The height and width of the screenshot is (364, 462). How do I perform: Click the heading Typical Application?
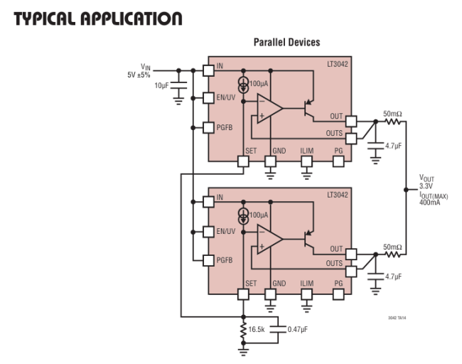(x=98, y=17)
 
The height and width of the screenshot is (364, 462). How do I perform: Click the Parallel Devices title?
(x=286, y=43)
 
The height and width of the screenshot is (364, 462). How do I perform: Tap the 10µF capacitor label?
(x=161, y=85)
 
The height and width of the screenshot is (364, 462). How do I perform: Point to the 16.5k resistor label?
(x=257, y=329)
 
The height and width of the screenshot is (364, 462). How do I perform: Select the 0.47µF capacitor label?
(x=296, y=329)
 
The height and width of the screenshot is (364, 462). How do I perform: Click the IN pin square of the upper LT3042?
(x=208, y=70)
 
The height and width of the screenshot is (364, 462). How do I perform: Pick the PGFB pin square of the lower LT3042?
(x=208, y=259)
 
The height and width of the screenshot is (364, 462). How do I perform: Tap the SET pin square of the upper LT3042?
(x=243, y=161)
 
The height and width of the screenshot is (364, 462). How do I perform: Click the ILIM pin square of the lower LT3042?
(x=306, y=293)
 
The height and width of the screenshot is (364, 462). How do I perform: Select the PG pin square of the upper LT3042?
(x=338, y=161)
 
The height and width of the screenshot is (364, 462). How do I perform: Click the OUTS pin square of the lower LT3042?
(x=351, y=269)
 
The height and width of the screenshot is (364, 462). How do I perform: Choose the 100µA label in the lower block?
(x=259, y=215)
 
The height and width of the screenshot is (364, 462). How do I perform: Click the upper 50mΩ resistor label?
(x=393, y=114)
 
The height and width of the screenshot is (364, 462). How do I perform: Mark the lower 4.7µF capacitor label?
(x=395, y=276)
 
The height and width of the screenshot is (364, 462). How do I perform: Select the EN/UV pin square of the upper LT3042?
(x=208, y=97)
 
